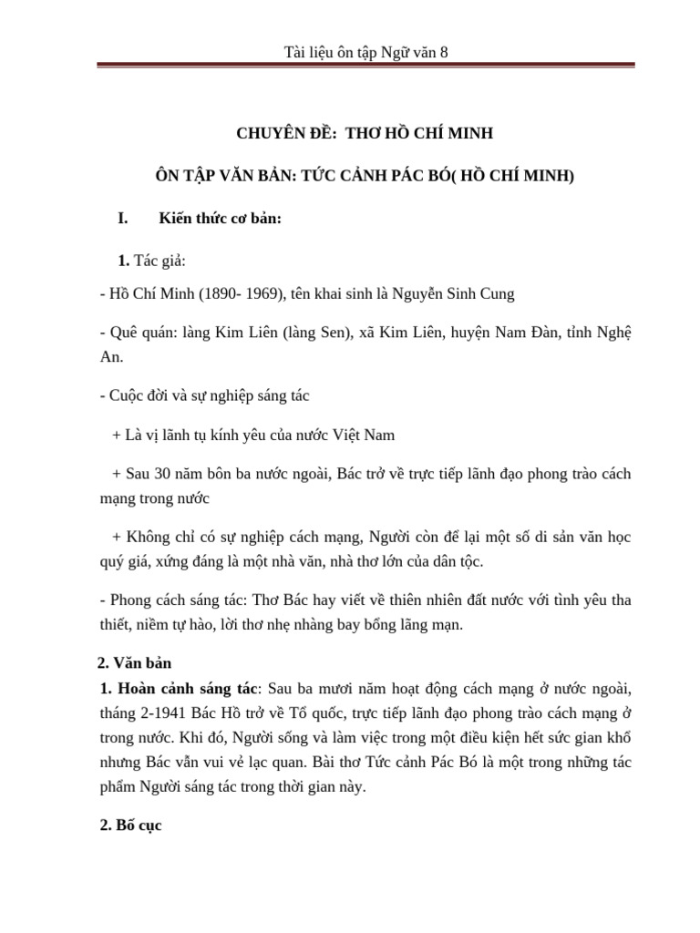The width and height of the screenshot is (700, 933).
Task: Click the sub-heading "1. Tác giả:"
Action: [x=151, y=261]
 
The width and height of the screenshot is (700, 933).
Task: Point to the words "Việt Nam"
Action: [x=366, y=436]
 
